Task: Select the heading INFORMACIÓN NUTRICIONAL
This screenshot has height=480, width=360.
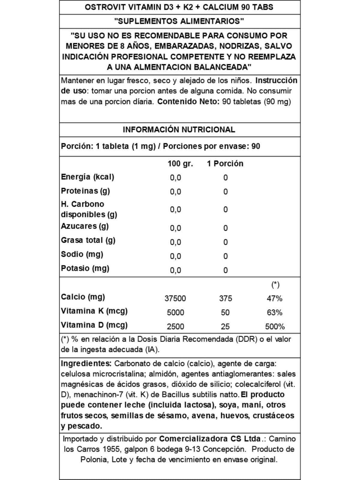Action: pyautogui.click(x=179, y=130)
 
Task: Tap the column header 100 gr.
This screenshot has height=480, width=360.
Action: pyautogui.click(x=180, y=164)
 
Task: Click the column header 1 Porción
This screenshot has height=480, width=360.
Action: pyautogui.click(x=225, y=164)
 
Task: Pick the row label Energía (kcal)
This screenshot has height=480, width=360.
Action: pyautogui.click(x=87, y=177)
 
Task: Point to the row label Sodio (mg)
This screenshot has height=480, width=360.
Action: pyautogui.click(x=82, y=254)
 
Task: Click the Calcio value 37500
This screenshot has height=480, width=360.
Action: pyautogui.click(x=175, y=298)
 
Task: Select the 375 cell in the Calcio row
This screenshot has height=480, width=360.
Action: pyautogui.click(x=225, y=298)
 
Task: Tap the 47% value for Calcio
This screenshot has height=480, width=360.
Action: pyautogui.click(x=274, y=298)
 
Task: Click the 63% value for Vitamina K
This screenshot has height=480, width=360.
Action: pyautogui.click(x=274, y=313)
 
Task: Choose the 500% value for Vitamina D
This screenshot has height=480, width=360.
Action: pyautogui.click(x=275, y=327)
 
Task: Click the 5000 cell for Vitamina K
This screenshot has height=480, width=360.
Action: pyautogui.click(x=175, y=313)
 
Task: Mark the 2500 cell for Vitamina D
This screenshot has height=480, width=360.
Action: pyautogui.click(x=175, y=327)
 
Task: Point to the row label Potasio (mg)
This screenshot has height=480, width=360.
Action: pyautogui.click(x=85, y=268)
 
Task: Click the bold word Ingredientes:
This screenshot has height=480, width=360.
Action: pyautogui.click(x=86, y=364)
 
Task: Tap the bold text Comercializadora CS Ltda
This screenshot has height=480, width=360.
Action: pyautogui.click(x=210, y=439)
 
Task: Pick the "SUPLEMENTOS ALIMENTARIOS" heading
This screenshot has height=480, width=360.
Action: pyautogui.click(x=179, y=21)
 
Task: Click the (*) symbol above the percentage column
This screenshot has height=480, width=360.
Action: pyautogui.click(x=275, y=285)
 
